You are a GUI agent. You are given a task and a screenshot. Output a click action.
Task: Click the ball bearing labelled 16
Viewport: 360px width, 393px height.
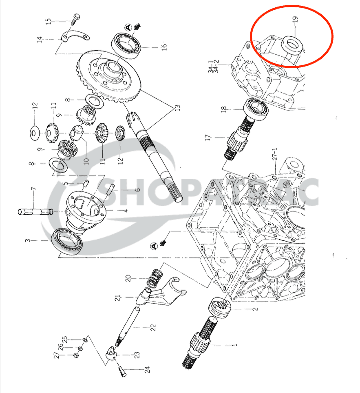tap(127, 44)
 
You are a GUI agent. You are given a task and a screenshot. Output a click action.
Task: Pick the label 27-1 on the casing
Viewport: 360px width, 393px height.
tap(275, 156)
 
